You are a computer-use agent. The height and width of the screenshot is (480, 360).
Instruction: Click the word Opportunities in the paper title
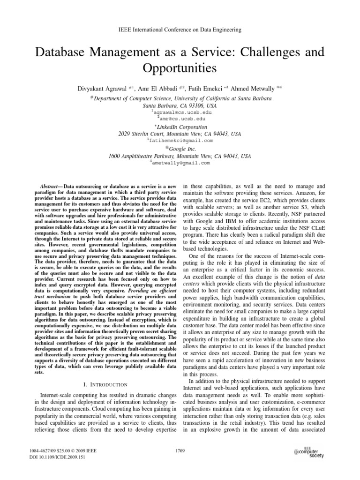tap(180, 68)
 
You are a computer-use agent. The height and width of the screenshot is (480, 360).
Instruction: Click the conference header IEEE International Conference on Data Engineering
tap(180, 30)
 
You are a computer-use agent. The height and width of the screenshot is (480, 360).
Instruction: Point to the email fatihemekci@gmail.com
tap(181, 140)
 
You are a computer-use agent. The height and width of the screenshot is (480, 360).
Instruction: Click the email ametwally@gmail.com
tap(181, 163)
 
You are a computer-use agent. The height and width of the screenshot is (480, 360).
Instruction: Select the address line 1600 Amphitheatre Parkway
tap(180, 156)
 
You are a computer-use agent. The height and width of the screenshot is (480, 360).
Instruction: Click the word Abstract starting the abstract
tap(52, 187)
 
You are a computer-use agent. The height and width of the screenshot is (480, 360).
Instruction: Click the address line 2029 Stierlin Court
tap(180, 134)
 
